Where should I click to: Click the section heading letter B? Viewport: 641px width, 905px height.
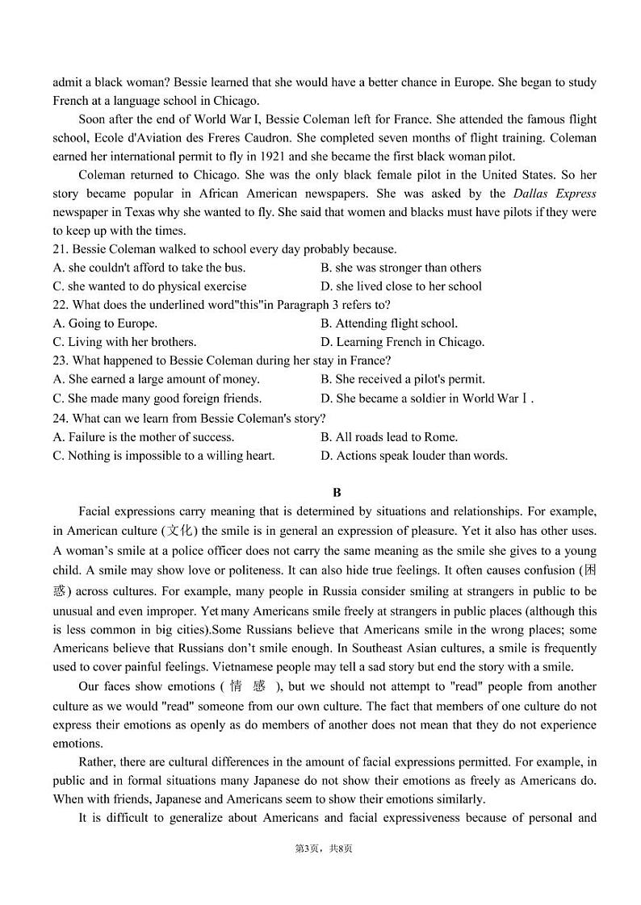[337, 492]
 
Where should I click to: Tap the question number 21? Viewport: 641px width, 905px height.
[61, 249]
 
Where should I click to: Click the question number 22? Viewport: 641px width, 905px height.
[61, 305]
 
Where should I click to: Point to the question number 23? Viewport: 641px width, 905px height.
[61, 361]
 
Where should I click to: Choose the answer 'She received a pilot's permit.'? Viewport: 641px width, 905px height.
[403, 379]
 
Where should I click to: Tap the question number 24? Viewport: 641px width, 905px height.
[61, 418]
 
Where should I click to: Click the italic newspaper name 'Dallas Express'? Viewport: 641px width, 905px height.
[554, 194]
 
